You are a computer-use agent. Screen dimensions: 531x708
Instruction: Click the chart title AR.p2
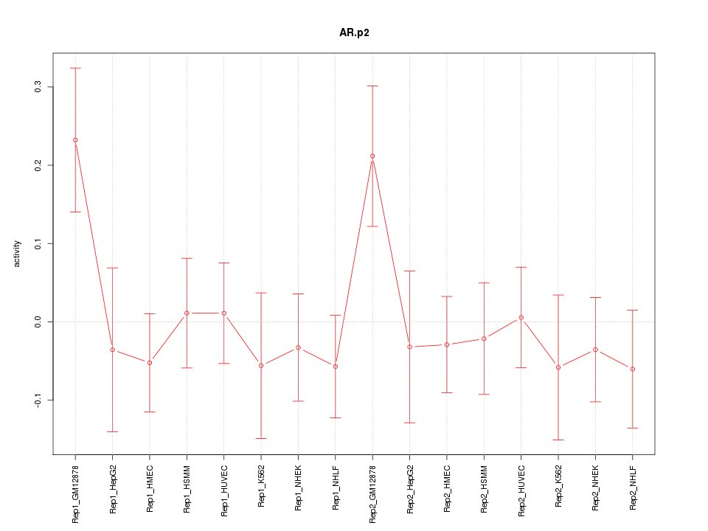[354, 33]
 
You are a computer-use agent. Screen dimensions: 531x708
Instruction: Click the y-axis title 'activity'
[18, 254]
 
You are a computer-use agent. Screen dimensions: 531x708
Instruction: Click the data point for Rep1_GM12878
[75, 140]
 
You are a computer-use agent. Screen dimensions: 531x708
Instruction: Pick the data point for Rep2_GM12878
[372, 156]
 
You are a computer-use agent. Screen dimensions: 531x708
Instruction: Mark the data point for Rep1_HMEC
[150, 363]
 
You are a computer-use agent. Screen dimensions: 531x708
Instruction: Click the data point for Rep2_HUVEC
[521, 317]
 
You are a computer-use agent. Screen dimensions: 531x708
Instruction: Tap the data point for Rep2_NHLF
[633, 369]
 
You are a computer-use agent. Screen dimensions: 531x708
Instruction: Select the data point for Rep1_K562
[261, 366]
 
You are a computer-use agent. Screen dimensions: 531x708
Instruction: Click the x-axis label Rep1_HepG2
[113, 489]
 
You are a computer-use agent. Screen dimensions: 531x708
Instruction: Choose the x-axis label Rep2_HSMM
[485, 489]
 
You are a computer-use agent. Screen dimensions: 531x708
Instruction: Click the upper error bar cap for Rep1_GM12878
[75, 68]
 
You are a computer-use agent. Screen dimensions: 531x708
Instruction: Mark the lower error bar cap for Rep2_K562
[558, 440]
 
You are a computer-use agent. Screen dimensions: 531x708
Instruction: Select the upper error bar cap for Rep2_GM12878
[372, 86]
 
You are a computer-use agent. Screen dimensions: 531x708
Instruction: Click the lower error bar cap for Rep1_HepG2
[113, 431]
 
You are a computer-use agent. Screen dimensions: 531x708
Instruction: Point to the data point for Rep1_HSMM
[187, 313]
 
